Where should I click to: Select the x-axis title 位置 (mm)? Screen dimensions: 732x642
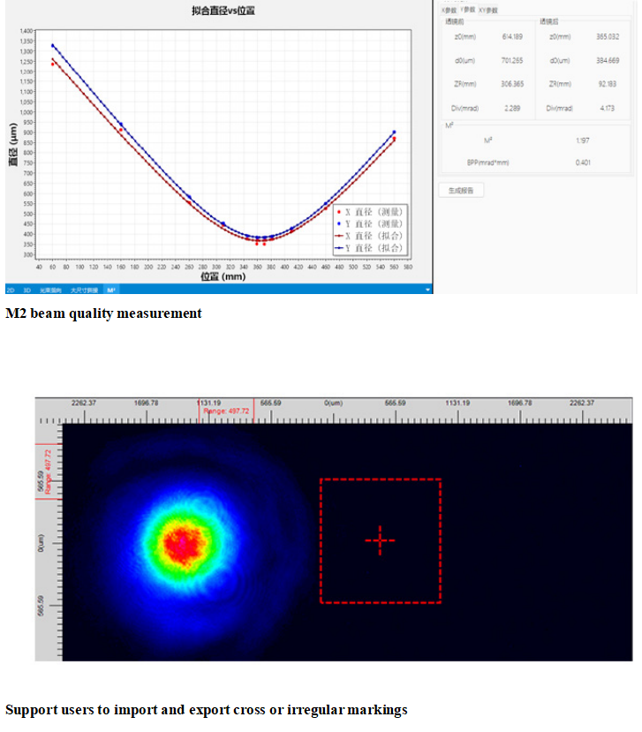point(222,276)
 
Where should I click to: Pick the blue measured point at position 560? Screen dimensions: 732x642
point(394,132)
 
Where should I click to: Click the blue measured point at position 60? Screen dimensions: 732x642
point(53,46)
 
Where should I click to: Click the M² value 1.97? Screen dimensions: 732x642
point(581,140)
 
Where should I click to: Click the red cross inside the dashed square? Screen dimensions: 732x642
point(380,540)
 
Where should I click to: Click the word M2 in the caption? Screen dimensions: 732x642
point(15,313)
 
